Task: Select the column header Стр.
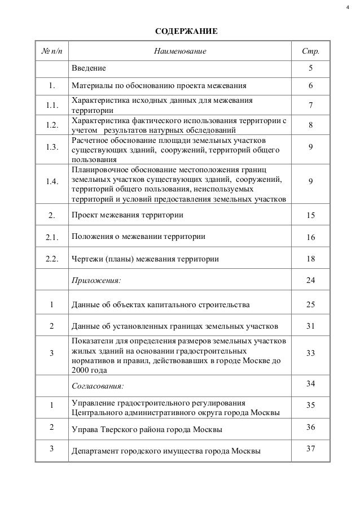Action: [x=310, y=52]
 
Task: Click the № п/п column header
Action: [x=52, y=52]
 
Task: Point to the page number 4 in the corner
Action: [x=348, y=7]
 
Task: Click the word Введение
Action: [x=88, y=69]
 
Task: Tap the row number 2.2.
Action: [x=52, y=259]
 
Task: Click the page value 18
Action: [x=310, y=259]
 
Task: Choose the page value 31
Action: [x=310, y=325]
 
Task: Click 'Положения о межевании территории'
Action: [x=138, y=237]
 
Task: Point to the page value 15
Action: [x=310, y=216]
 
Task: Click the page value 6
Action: [x=310, y=86]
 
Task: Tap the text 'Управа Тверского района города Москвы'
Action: [x=146, y=430]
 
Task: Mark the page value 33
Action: [x=310, y=352]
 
